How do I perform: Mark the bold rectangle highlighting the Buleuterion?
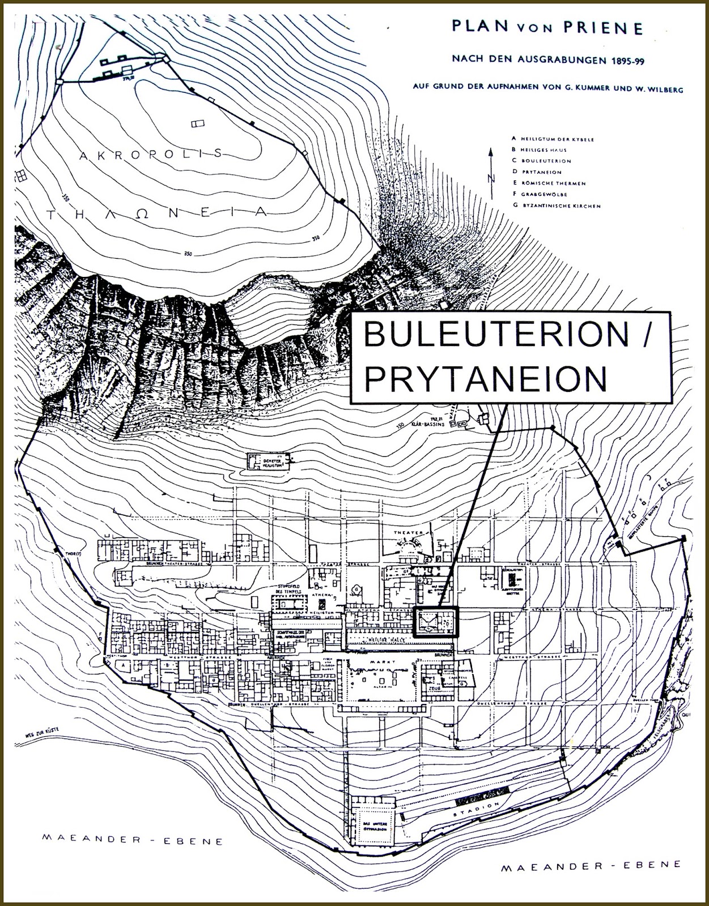point(435,623)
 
